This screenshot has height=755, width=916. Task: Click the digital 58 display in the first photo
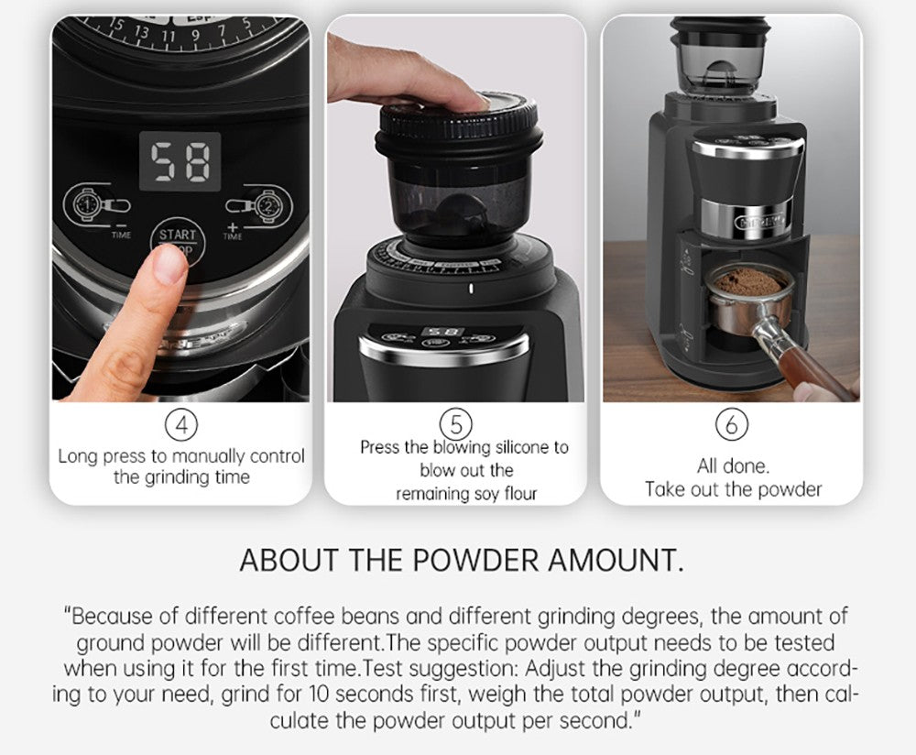tap(180, 161)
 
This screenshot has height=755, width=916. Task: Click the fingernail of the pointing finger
tap(169, 265)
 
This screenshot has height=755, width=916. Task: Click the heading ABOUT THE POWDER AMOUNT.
tap(461, 560)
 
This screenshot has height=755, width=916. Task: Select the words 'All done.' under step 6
tap(733, 465)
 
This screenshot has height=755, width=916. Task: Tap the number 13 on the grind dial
tap(142, 32)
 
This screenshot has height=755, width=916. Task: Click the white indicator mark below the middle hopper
tap(471, 290)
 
